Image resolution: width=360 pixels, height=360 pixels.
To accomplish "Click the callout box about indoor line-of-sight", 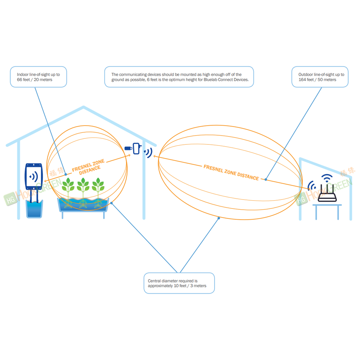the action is point(38,77).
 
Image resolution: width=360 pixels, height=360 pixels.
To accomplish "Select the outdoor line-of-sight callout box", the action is point(320,77).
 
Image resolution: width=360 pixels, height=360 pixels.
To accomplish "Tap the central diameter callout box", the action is point(179,283).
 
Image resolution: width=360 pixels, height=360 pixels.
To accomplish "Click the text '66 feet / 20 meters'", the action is point(34,79).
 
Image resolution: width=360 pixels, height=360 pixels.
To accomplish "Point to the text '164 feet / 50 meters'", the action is point(317,79).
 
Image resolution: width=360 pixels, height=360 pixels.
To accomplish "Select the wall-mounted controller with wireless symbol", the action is point(33,176).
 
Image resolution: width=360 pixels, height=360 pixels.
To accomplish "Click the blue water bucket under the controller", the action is point(34,209).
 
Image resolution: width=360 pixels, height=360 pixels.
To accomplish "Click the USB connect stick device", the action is point(133,148).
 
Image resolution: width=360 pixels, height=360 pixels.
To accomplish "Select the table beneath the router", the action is point(327,212).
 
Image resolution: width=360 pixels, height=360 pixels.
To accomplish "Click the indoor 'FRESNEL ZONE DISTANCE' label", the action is point(88,167).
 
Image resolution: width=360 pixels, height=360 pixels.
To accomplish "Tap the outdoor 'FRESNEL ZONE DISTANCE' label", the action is point(231,172).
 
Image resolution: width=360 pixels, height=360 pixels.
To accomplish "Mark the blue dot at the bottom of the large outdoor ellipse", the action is point(219,218).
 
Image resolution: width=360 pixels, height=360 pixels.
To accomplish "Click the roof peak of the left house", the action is point(84,107).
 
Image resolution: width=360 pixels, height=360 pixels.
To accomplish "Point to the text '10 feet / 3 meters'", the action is point(190,286).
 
